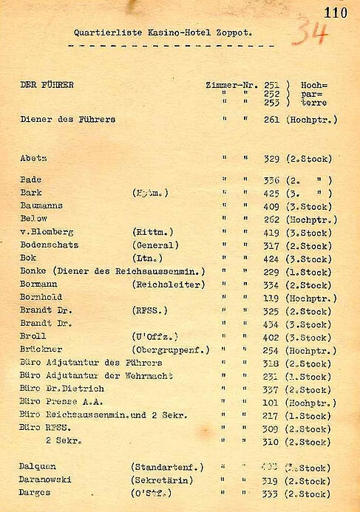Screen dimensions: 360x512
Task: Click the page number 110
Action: [335, 12]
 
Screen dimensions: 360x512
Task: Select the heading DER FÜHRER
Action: [47, 85]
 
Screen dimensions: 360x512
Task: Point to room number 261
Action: [271, 120]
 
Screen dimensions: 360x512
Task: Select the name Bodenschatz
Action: [50, 245]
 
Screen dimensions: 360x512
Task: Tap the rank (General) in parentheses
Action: [155, 245]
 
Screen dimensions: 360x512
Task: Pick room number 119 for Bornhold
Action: [271, 298]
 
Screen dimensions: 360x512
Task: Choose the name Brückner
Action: [41, 349]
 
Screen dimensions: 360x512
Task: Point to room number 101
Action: [271, 403]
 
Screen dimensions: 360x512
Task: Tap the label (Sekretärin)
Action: [162, 481]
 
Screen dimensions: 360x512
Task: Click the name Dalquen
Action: [38, 468]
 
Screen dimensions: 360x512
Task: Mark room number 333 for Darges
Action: [271, 494]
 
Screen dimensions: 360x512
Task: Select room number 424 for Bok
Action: [271, 259]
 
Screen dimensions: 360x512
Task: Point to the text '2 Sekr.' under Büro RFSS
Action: [63, 442]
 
